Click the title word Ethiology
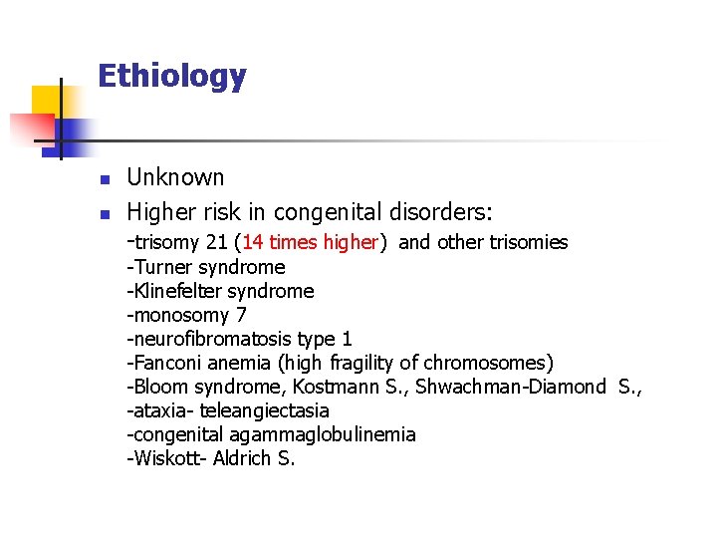tap(171, 76)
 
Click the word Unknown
tap(176, 178)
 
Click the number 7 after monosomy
tap(242, 315)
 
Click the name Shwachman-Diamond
tap(510, 387)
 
